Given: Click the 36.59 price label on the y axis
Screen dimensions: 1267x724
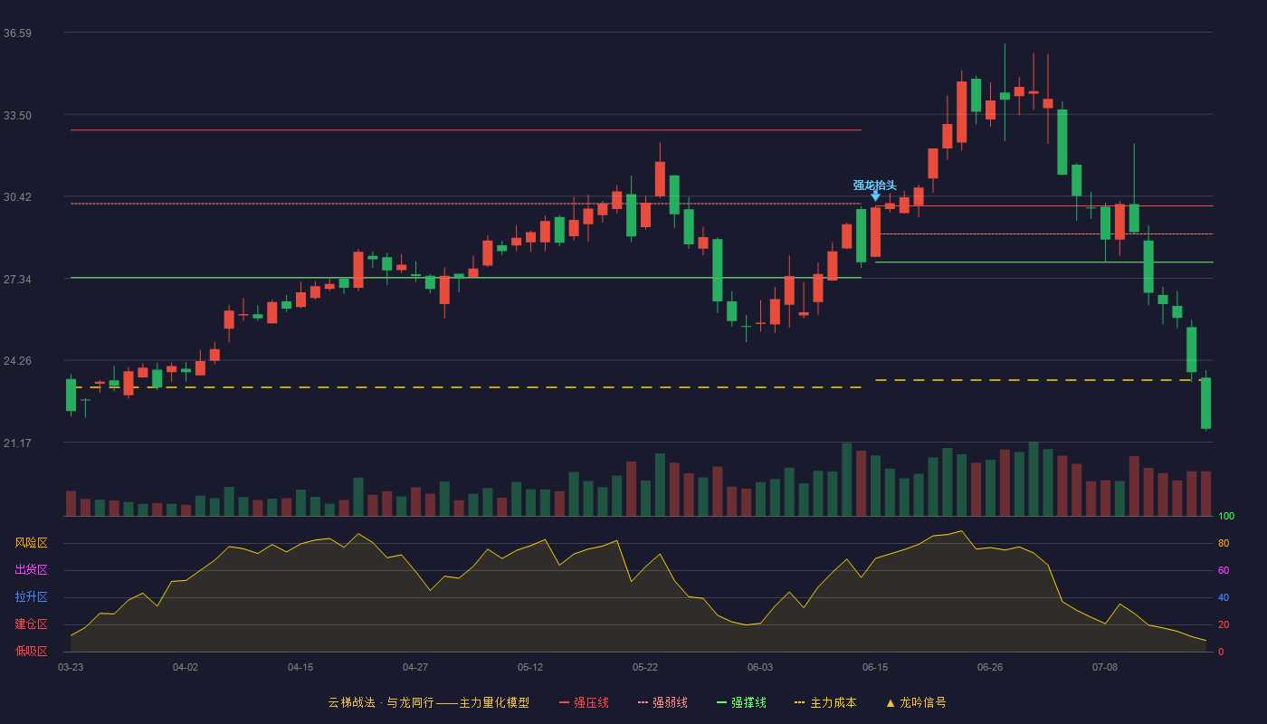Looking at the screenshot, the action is pyautogui.click(x=17, y=33).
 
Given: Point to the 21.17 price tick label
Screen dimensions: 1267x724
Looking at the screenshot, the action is pyautogui.click(x=17, y=443).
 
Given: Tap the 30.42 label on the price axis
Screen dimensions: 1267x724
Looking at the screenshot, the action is pyautogui.click(x=17, y=197).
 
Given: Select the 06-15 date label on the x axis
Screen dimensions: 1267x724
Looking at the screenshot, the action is pyautogui.click(x=875, y=668).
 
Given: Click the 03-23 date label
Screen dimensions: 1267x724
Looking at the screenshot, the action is pyautogui.click(x=71, y=668).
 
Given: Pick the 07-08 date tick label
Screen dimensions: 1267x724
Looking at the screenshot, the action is pyautogui.click(x=1105, y=668).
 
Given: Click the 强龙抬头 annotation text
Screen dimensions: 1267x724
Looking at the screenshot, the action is pyautogui.click(x=874, y=185).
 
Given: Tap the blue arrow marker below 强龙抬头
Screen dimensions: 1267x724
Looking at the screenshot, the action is pyautogui.click(x=875, y=195).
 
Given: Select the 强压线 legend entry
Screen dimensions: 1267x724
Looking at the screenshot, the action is pyautogui.click(x=585, y=702).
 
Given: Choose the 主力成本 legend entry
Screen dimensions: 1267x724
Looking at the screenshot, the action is pyautogui.click(x=825, y=702).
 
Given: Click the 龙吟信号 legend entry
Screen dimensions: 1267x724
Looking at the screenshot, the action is pyautogui.click(x=916, y=702).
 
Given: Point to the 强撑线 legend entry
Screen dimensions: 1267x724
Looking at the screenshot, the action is pyautogui.click(x=741, y=702).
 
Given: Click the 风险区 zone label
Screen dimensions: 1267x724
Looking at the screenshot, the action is pyautogui.click(x=31, y=542).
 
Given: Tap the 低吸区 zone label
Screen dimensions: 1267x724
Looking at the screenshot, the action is pyautogui.click(x=31, y=651).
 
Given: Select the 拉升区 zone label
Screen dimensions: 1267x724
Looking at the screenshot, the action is pyautogui.click(x=31, y=596).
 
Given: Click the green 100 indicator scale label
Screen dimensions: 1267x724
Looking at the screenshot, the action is pyautogui.click(x=1226, y=516).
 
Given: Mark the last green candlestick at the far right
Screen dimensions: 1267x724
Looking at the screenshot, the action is pyautogui.click(x=1205, y=403).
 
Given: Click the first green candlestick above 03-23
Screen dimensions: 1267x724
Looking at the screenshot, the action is pyautogui.click(x=71, y=395).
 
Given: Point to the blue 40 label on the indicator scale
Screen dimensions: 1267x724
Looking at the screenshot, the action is pyautogui.click(x=1224, y=597).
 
